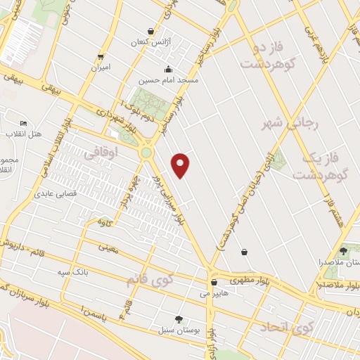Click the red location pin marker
[181, 164]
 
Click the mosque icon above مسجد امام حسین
[168, 70]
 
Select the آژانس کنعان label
[148, 43]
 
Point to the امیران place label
[101, 68]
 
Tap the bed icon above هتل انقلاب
[24, 124]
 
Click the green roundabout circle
[146, 152]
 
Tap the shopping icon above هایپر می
[213, 282]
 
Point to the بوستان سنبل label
[179, 329]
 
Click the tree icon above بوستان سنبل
[179, 319]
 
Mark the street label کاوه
[105, 223]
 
